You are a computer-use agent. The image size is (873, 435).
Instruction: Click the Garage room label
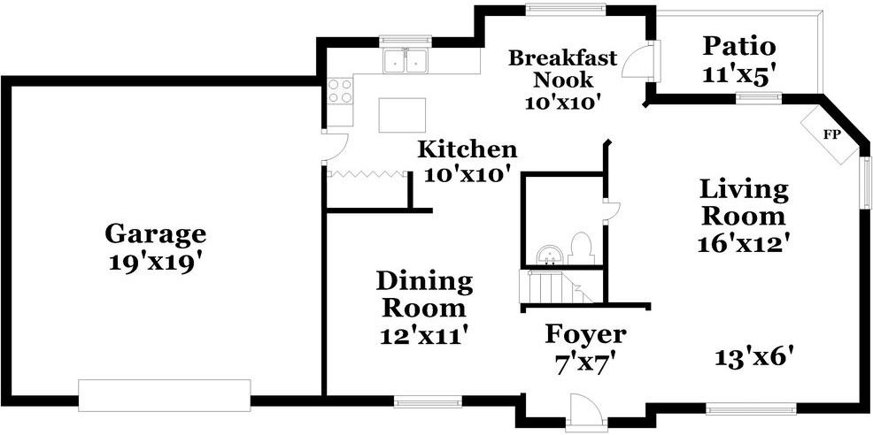[x=155, y=234]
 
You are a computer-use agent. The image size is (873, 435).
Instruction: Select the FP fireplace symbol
[x=831, y=135]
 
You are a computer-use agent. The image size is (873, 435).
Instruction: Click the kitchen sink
[x=406, y=62]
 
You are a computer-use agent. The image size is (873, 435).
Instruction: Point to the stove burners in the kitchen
[x=340, y=91]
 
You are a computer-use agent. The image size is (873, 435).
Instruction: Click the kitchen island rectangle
[x=402, y=115]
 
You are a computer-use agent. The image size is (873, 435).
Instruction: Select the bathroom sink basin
[x=550, y=255]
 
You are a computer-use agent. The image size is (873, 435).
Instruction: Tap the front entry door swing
[x=585, y=410]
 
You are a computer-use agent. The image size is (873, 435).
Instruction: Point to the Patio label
[x=739, y=46]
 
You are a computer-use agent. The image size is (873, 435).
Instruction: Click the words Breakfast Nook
[x=562, y=68]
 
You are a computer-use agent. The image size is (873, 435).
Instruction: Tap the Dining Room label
[x=424, y=294]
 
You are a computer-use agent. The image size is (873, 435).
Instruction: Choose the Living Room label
[x=743, y=202]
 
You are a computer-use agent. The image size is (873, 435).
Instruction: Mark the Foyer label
[x=585, y=334]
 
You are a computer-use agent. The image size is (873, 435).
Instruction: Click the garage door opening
[x=165, y=394]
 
